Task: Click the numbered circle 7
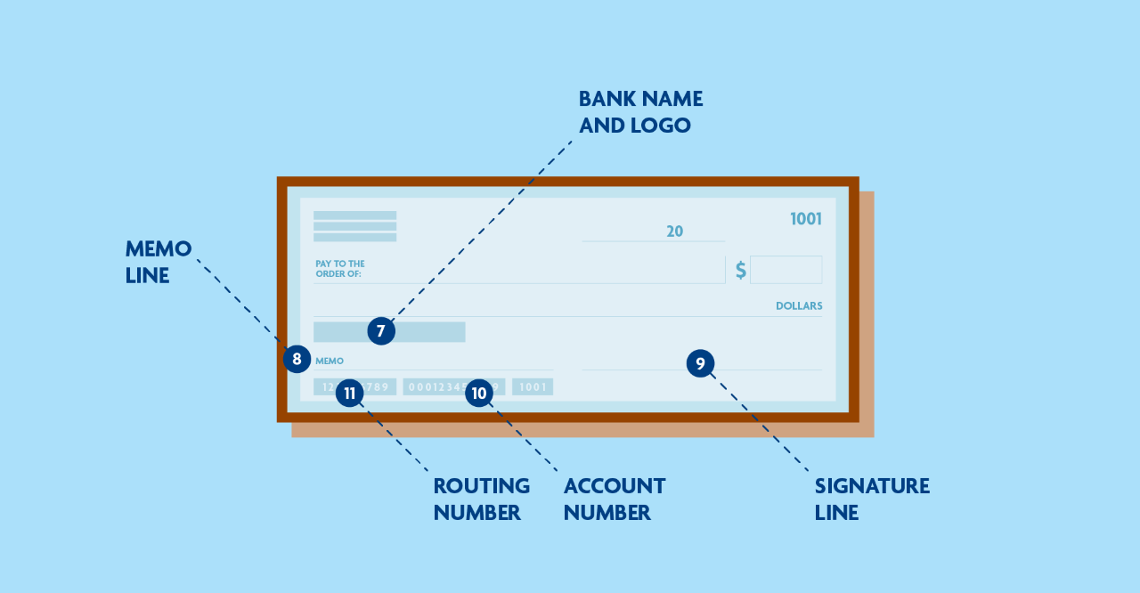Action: click(380, 331)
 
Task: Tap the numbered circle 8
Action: click(297, 360)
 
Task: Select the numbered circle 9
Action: click(700, 363)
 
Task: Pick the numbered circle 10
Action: click(479, 394)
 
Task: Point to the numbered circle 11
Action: click(349, 394)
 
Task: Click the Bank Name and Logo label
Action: click(640, 111)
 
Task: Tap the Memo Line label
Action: click(159, 262)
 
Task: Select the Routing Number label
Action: click(481, 499)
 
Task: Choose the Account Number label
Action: click(615, 499)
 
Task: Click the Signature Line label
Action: click(872, 499)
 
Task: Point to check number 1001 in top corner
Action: click(806, 219)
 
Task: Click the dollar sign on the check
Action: click(740, 270)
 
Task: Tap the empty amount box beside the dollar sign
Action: click(786, 270)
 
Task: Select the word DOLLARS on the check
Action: click(799, 305)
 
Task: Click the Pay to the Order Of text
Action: click(340, 269)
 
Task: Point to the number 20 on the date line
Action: click(674, 232)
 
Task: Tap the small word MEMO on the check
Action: click(330, 361)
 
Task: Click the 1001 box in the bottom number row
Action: click(533, 386)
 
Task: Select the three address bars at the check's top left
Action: click(354, 226)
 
